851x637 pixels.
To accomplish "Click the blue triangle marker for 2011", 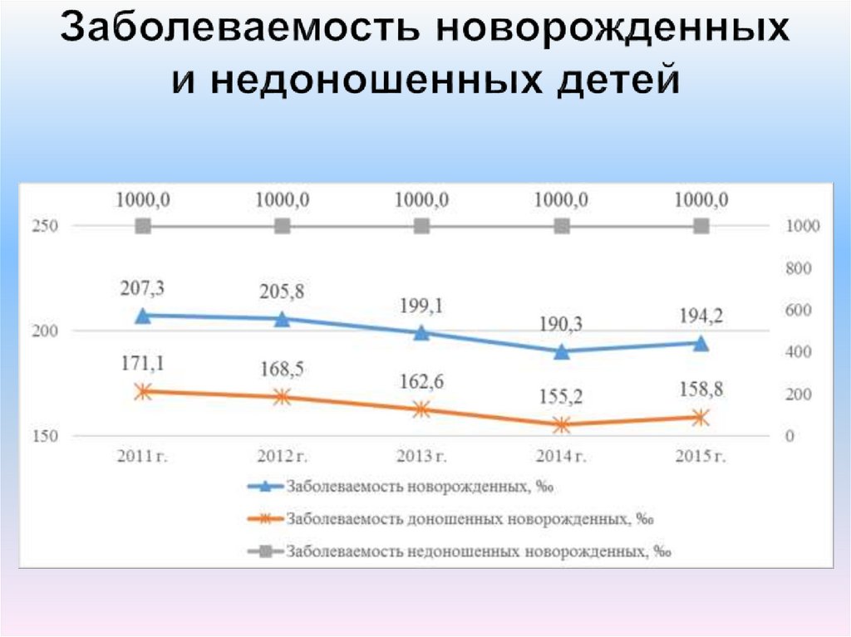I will tap(143, 316).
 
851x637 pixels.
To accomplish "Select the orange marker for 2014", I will tap(562, 424).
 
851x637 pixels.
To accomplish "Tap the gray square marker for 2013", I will tap(422, 226).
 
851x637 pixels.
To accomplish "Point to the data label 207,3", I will tap(143, 288).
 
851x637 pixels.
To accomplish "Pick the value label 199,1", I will tap(422, 306).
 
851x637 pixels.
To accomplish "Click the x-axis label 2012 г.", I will tap(283, 456).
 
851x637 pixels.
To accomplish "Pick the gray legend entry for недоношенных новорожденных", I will tap(479, 550).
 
